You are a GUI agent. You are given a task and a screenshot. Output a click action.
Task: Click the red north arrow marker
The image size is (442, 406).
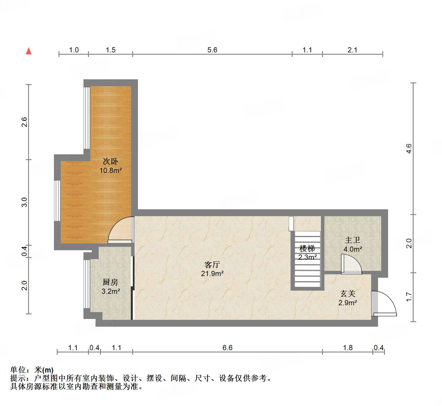[x=29, y=51]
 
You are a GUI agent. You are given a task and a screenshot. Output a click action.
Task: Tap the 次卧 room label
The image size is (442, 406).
[x=110, y=161]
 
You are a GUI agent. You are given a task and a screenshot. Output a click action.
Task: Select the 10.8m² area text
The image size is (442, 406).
[x=111, y=171]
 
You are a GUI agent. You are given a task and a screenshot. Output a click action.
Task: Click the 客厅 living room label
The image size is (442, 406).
[x=212, y=264]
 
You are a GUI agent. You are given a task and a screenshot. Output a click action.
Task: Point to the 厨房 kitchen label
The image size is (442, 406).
[x=110, y=282]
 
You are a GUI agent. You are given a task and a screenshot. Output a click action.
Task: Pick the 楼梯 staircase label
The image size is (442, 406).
[x=307, y=248]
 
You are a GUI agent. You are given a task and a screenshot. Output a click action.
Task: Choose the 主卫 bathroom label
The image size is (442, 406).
[x=353, y=240]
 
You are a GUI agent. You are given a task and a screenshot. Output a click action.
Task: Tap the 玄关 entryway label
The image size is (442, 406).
[x=348, y=293]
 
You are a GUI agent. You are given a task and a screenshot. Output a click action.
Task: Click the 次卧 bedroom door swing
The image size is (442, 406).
[x=120, y=230]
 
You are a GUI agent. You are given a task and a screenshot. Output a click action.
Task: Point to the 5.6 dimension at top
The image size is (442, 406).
[x=212, y=50]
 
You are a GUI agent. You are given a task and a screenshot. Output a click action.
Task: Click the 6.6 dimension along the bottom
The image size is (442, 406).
[x=227, y=348]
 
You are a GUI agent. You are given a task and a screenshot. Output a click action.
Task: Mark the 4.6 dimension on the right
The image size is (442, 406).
[x=409, y=149]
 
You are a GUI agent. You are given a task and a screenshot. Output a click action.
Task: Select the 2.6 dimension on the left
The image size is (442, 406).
[x=25, y=122]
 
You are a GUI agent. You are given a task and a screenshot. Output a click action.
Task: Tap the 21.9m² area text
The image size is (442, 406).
[x=212, y=274]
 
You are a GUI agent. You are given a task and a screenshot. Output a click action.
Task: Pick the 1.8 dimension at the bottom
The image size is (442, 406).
[x=348, y=348]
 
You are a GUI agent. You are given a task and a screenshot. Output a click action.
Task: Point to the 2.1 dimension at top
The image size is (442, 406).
[x=353, y=50]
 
